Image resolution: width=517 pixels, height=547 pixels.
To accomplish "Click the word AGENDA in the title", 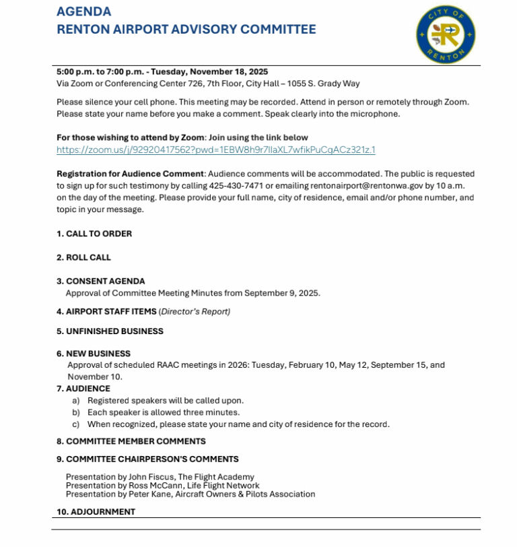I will (x=84, y=11).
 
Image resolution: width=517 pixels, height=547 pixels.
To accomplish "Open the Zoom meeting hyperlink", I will (x=215, y=150).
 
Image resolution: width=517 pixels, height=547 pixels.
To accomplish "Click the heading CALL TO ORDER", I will (x=98, y=234).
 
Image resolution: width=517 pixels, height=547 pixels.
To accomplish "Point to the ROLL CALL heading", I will (x=88, y=257).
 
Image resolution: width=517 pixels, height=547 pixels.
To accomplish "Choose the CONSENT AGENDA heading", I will (x=105, y=281).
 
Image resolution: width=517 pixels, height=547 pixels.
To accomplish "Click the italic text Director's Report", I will (x=195, y=311).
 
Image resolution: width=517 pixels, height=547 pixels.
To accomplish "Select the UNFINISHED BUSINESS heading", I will (x=114, y=331).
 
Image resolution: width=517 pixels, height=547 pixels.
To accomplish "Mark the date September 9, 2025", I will (x=282, y=293).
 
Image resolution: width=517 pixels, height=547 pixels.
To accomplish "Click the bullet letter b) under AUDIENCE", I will (x=75, y=412).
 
